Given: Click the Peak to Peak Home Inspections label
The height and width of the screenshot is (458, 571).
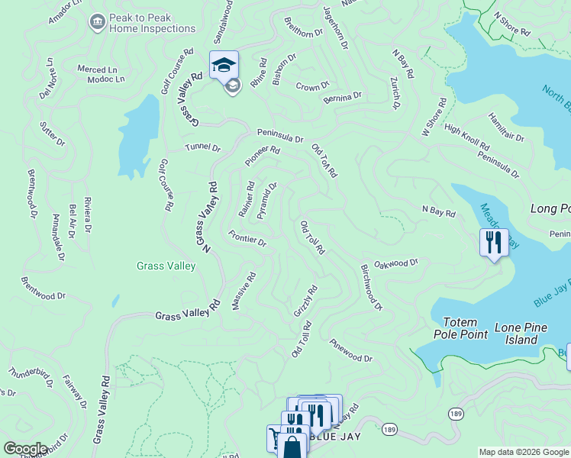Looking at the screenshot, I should (x=152, y=23).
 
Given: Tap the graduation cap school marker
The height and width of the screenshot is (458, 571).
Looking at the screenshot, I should (x=224, y=65).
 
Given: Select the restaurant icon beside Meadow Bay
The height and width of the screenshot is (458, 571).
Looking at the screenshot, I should (x=494, y=243).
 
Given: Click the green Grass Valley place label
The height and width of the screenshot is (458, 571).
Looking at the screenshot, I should (x=166, y=266).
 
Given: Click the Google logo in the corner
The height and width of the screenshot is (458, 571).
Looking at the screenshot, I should (x=25, y=449).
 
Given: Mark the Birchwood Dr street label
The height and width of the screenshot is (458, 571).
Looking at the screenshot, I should (x=370, y=288).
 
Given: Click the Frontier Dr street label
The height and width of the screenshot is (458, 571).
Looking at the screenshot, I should (x=247, y=238).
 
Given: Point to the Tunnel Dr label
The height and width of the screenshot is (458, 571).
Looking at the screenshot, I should (x=202, y=147).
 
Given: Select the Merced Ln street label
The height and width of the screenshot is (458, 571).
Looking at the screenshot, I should (x=96, y=69).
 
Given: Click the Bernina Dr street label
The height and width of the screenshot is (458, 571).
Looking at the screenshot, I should (x=342, y=97).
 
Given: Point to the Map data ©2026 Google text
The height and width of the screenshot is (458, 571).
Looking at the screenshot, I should (x=524, y=452).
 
